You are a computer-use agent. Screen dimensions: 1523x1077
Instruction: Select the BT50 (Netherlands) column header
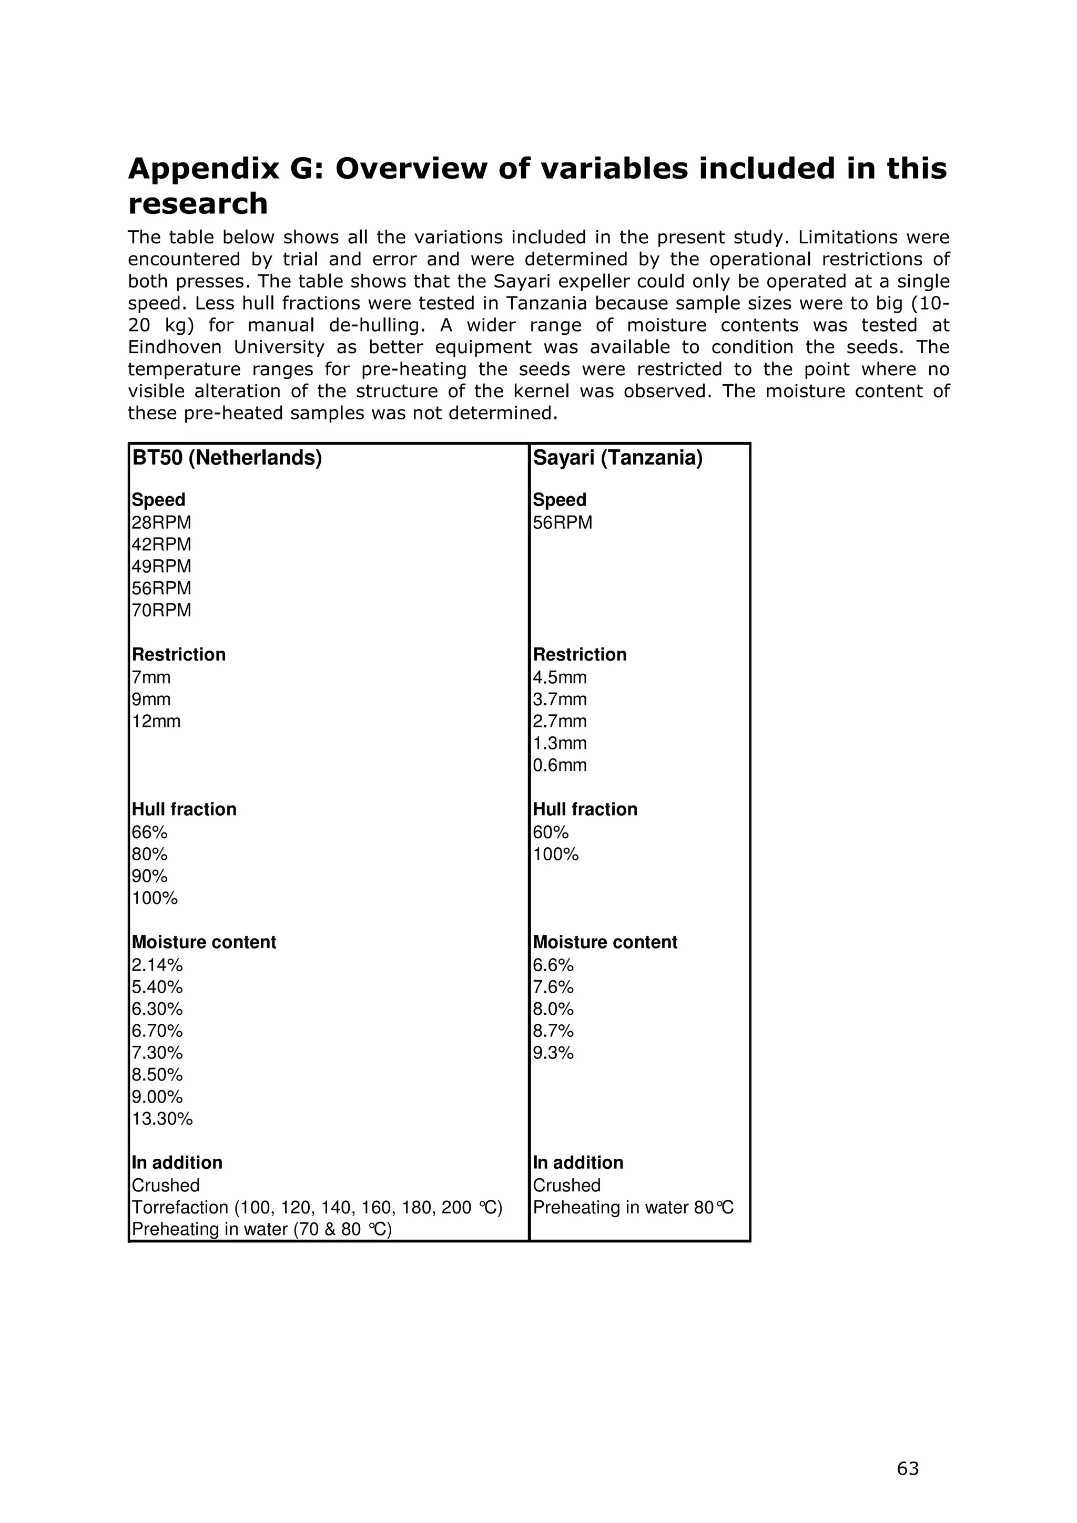pos(227,458)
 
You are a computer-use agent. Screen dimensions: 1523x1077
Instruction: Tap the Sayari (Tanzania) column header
pos(617,458)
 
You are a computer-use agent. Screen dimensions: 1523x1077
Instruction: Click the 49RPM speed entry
pos(161,567)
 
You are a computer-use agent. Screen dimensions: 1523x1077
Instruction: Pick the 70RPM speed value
pos(161,610)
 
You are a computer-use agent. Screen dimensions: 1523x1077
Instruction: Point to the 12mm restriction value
pos(156,721)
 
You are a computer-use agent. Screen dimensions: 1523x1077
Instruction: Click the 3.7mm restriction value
pos(560,699)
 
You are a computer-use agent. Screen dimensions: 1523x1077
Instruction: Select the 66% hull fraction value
pos(150,832)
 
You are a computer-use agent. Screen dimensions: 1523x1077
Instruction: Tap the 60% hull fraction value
pos(551,832)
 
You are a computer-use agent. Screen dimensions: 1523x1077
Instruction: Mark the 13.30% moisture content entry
pos(162,1119)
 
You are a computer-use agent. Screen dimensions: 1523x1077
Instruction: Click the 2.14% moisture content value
pos(157,964)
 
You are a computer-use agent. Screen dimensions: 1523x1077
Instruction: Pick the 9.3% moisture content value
pos(553,1053)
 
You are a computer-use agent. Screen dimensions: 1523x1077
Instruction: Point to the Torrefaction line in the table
pos(317,1207)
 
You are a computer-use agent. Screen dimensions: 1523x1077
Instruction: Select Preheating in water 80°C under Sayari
pos(633,1207)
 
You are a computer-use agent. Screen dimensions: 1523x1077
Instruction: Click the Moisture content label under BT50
pos(204,942)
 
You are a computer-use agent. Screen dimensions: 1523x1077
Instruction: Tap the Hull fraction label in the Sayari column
pos(585,809)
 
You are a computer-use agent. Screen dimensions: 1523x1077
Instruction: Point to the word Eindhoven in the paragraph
pos(175,347)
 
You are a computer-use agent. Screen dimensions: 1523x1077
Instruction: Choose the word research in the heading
pos(198,203)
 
